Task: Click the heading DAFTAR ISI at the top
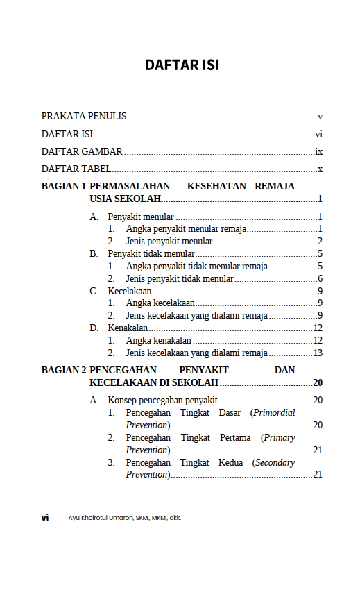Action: tap(182, 65)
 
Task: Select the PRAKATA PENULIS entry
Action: tap(83, 117)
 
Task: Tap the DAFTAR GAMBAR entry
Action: tap(82, 151)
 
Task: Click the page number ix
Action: tap(318, 151)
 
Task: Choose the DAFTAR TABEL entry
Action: tap(76, 169)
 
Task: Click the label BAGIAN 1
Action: tap(64, 186)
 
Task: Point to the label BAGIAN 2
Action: tap(64, 371)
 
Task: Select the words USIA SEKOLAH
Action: tap(125, 199)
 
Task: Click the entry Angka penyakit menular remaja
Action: tap(186, 229)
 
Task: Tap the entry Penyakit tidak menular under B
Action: tap(151, 254)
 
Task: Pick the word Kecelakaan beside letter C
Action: tap(130, 291)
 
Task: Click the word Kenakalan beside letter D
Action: tap(128, 328)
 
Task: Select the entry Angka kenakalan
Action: tap(159, 340)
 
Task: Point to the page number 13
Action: tap(318, 353)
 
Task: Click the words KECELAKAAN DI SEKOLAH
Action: tap(154, 383)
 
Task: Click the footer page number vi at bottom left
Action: tap(44, 518)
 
